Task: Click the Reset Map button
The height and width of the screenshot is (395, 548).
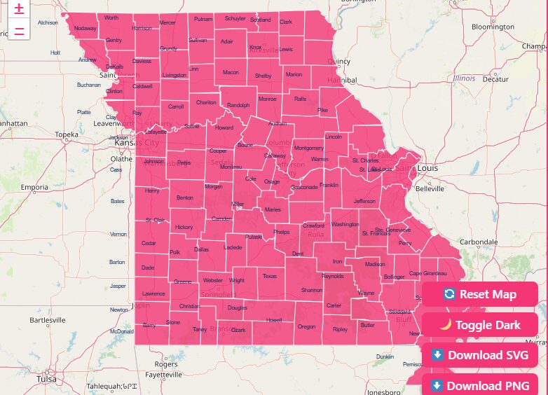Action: coord(480,294)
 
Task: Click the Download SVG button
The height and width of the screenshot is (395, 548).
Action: coord(480,355)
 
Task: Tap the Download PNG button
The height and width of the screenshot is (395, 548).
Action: coord(480,385)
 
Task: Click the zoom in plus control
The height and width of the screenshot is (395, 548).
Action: coord(19,9)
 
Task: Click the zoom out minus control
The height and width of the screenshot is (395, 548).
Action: coord(19,32)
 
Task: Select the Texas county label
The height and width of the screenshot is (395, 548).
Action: coord(270,276)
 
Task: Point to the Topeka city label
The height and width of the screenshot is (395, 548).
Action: coord(67,134)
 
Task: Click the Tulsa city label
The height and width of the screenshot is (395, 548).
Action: coord(46,379)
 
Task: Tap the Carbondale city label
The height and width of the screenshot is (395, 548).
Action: coord(478,242)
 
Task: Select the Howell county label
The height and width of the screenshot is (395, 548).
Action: coord(274,320)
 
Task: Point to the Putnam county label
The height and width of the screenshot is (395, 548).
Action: coord(203,19)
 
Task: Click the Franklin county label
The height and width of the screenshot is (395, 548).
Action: coord(328,185)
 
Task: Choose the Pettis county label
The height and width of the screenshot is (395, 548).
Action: coord(184,162)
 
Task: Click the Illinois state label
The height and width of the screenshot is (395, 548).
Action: coord(464,78)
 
